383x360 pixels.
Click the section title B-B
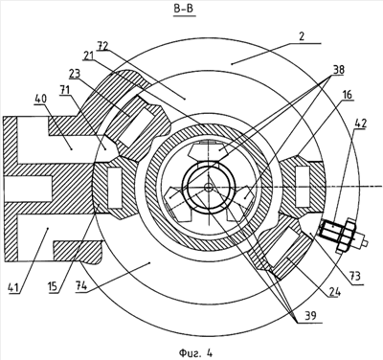184,9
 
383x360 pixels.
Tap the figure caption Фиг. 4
195,352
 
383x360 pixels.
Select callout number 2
303,36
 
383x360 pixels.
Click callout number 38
338,70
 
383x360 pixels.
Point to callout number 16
348,94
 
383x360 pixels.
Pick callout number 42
360,124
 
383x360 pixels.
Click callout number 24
334,291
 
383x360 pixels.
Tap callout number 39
310,316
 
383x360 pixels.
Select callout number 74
80,286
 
